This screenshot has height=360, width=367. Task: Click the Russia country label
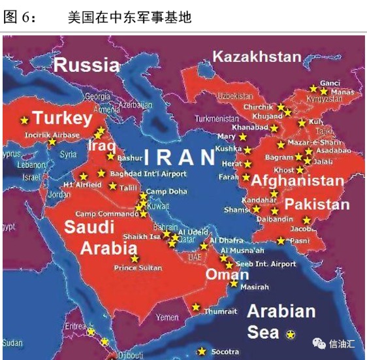pos(86,65)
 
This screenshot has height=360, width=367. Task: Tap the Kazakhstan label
pos(257,57)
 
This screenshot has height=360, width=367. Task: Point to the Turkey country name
pos(62,118)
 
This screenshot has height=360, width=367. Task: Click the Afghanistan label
pos(297,180)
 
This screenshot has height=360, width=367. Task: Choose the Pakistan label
pos(317,204)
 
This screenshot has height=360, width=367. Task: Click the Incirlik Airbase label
pos(52,135)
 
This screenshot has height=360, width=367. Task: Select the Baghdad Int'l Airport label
pos(148,174)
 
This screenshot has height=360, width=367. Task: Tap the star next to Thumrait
pos(195,307)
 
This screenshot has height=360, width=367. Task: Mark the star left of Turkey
pos(25,120)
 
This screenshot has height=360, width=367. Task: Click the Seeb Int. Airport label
pos(265,264)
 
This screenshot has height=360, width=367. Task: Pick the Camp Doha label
pos(166,191)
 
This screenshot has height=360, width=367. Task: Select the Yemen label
pos(167,318)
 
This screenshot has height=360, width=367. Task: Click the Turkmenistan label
pos(217,120)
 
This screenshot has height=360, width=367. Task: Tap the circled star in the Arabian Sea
pos(291,334)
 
